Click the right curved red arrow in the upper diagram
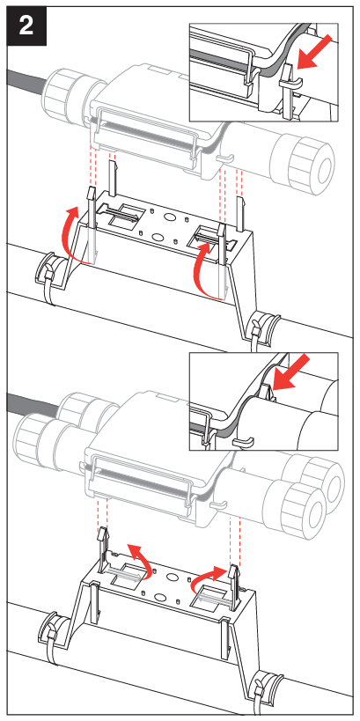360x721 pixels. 204,264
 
